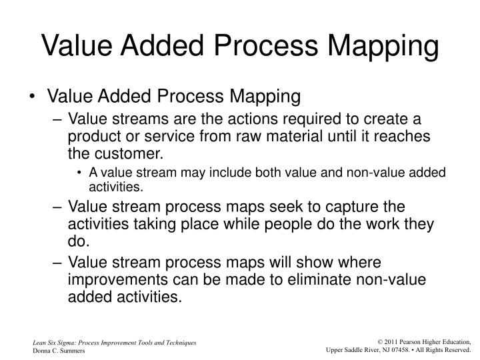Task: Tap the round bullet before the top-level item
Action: pos(34,97)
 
